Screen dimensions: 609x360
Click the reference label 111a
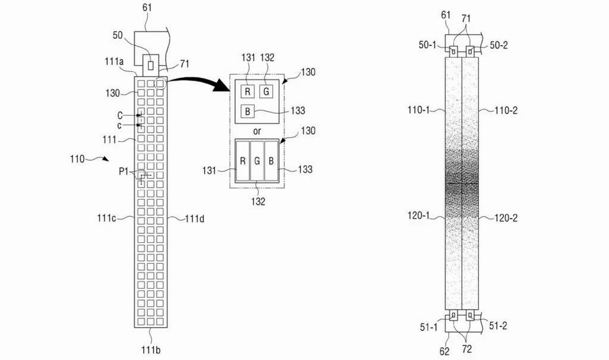click(114, 62)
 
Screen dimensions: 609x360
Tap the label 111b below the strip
click(150, 350)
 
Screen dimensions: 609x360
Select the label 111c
click(107, 218)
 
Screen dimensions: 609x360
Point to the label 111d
click(195, 219)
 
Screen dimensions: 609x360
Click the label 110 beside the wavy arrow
click(77, 159)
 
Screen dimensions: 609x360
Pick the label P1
click(124, 171)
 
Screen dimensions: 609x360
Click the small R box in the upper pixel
click(247, 92)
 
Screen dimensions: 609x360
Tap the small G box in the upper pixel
click(266, 92)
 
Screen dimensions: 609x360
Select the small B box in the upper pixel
click(247, 111)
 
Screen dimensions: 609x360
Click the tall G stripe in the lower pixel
click(257, 161)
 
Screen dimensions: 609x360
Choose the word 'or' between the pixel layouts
click(257, 131)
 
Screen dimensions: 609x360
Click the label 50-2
click(499, 45)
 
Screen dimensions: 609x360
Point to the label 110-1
click(419, 110)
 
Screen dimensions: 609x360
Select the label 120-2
click(505, 218)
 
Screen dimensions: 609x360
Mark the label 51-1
click(429, 327)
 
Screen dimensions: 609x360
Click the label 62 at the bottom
click(445, 351)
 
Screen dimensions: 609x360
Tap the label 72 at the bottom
click(467, 349)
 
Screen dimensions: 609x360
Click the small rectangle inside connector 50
click(150, 65)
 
